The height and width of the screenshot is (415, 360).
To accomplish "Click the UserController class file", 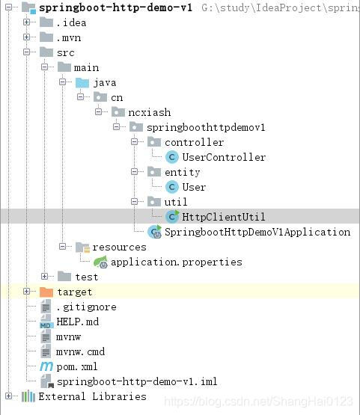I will coord(225,157).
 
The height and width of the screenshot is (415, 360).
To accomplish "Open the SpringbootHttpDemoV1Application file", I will coord(257,232).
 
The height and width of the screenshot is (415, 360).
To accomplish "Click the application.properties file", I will coord(176,262).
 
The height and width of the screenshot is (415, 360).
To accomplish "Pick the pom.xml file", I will coord(76,366).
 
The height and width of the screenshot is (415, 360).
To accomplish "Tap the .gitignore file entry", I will coord(76,307).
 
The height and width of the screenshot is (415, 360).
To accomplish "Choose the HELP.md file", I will coord(78,322).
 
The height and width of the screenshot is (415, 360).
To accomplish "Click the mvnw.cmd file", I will coord(81,351).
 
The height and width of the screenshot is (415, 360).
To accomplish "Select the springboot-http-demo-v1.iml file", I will coord(136,381).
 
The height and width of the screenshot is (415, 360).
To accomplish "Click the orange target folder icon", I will coord(46,292).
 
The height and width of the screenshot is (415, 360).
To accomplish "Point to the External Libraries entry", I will coord(92,396).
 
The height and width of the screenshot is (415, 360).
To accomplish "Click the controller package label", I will coord(194,142).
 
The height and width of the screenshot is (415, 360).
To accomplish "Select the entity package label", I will coord(183,172).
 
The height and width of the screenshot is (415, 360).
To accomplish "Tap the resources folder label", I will coord(119,247).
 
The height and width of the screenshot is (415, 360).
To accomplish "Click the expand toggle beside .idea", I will coord(27,22).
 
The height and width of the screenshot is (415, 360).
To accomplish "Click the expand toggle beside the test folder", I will coord(45,277).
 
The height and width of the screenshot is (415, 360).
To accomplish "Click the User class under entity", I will coord(194,187).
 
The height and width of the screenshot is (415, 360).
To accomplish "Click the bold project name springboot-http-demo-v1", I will coord(115,7).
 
